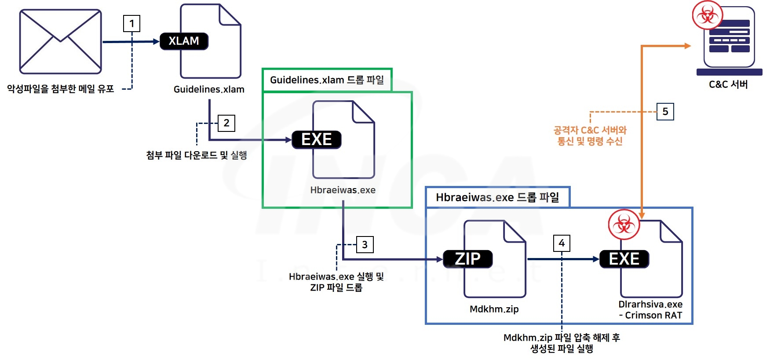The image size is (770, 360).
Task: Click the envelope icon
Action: [x=60, y=42]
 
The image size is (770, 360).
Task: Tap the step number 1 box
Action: [x=131, y=23]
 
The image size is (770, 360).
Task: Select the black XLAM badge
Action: [x=184, y=41]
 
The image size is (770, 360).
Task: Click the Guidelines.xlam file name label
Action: [x=209, y=89]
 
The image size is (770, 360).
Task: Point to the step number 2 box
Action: [x=226, y=123]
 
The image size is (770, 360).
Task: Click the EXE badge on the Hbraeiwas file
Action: [x=317, y=140]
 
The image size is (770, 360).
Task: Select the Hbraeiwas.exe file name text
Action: [x=343, y=190]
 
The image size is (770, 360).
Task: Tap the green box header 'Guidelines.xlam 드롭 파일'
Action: [x=327, y=80]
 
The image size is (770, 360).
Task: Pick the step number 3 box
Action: [x=365, y=245]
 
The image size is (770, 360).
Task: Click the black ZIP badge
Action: [x=467, y=259]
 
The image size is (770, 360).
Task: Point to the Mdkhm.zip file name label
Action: [x=494, y=309]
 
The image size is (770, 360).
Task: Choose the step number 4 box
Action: [x=562, y=243]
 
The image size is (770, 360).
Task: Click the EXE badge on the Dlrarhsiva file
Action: [x=624, y=259]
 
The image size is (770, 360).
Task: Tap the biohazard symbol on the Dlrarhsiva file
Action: [x=624, y=225]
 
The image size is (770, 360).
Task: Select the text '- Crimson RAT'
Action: [x=650, y=315]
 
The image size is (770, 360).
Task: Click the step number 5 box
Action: [x=665, y=112]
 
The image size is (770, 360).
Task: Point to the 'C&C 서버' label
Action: [x=728, y=84]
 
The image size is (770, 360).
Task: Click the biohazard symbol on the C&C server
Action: [x=707, y=15]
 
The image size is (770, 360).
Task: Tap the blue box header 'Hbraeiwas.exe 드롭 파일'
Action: [x=497, y=197]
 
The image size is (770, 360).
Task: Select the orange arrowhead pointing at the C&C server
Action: [x=687, y=46]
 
